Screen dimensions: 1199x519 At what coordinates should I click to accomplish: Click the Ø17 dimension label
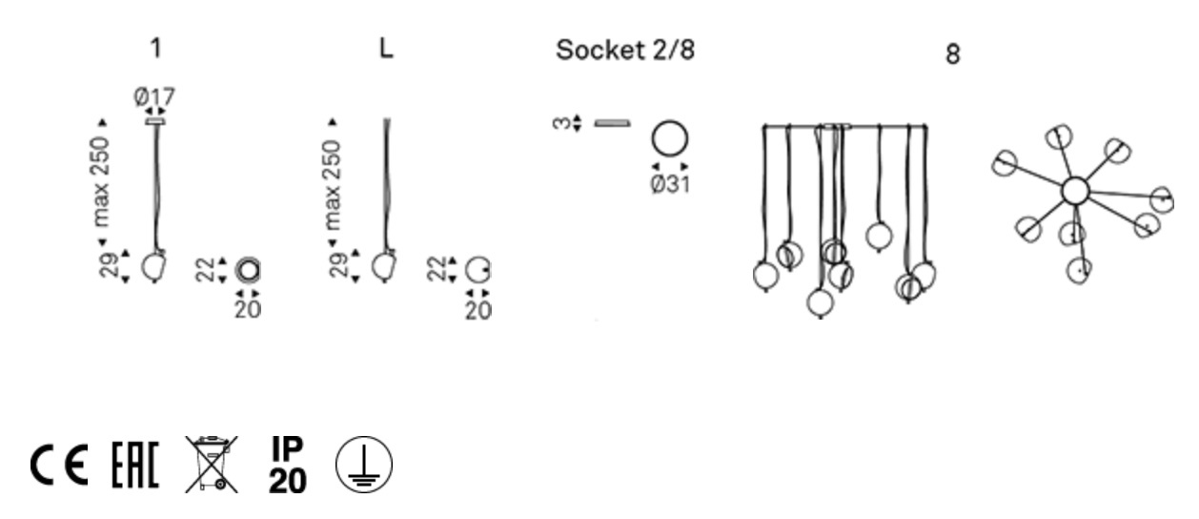(x=154, y=96)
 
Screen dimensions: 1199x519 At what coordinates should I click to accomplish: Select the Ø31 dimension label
(x=670, y=183)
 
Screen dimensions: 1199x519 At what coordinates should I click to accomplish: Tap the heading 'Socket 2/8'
(x=625, y=52)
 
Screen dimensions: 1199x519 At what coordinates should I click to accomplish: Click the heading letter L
(x=385, y=50)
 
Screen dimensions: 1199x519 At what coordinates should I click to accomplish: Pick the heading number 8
(x=952, y=55)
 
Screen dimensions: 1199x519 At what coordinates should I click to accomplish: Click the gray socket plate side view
(x=612, y=123)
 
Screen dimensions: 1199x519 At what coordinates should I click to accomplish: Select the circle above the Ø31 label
(x=670, y=140)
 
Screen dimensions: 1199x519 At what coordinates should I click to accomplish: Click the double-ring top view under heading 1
(x=249, y=269)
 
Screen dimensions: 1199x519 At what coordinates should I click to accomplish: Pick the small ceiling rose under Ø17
(x=154, y=121)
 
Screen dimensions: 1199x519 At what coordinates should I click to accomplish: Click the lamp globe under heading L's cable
(x=384, y=266)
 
